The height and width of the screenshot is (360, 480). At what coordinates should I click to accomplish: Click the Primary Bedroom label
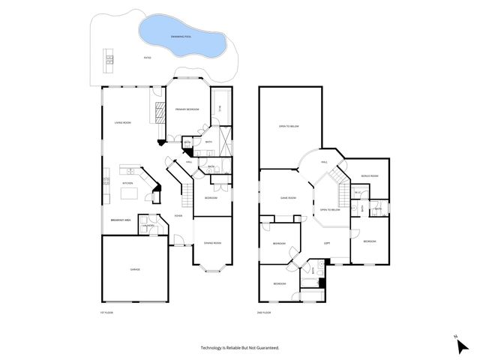[x=187, y=109]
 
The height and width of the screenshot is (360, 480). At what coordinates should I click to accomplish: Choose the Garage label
[x=135, y=269]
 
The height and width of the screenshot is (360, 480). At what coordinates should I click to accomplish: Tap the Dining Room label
[x=212, y=243]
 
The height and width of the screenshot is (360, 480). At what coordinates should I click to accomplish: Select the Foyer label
[x=178, y=216]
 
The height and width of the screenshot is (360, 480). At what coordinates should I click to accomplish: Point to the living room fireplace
[x=159, y=112]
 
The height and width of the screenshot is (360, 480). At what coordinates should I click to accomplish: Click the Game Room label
[x=289, y=198]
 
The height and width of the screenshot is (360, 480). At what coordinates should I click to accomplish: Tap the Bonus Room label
[x=369, y=176]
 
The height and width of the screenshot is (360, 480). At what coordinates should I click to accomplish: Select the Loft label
[x=327, y=243]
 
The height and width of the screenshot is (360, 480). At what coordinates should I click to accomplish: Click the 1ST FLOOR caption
[x=106, y=312]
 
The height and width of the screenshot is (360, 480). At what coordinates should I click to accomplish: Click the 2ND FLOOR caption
[x=262, y=312]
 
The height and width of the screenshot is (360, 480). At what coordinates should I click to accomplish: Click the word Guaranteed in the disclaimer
[x=262, y=348]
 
